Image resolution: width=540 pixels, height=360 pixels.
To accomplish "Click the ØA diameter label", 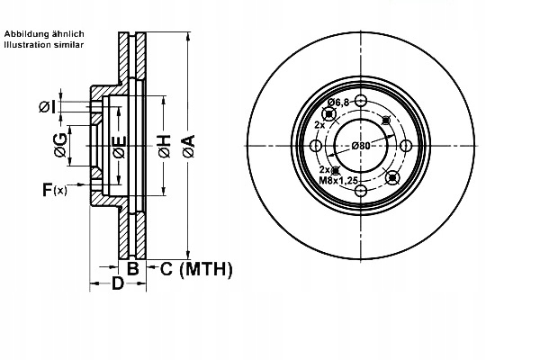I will (188, 147).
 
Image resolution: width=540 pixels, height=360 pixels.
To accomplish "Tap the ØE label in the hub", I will (118, 150).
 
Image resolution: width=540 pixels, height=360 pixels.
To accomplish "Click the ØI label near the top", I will (47, 107).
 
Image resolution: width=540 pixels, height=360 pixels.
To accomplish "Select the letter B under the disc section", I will (131, 268).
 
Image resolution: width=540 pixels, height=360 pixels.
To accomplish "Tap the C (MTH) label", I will (195, 268).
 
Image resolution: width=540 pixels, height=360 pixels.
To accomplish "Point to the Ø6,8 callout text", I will (337, 103).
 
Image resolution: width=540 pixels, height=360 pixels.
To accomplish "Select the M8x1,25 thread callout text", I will (339, 180).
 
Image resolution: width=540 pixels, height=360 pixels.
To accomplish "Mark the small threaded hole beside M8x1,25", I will (335, 169).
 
